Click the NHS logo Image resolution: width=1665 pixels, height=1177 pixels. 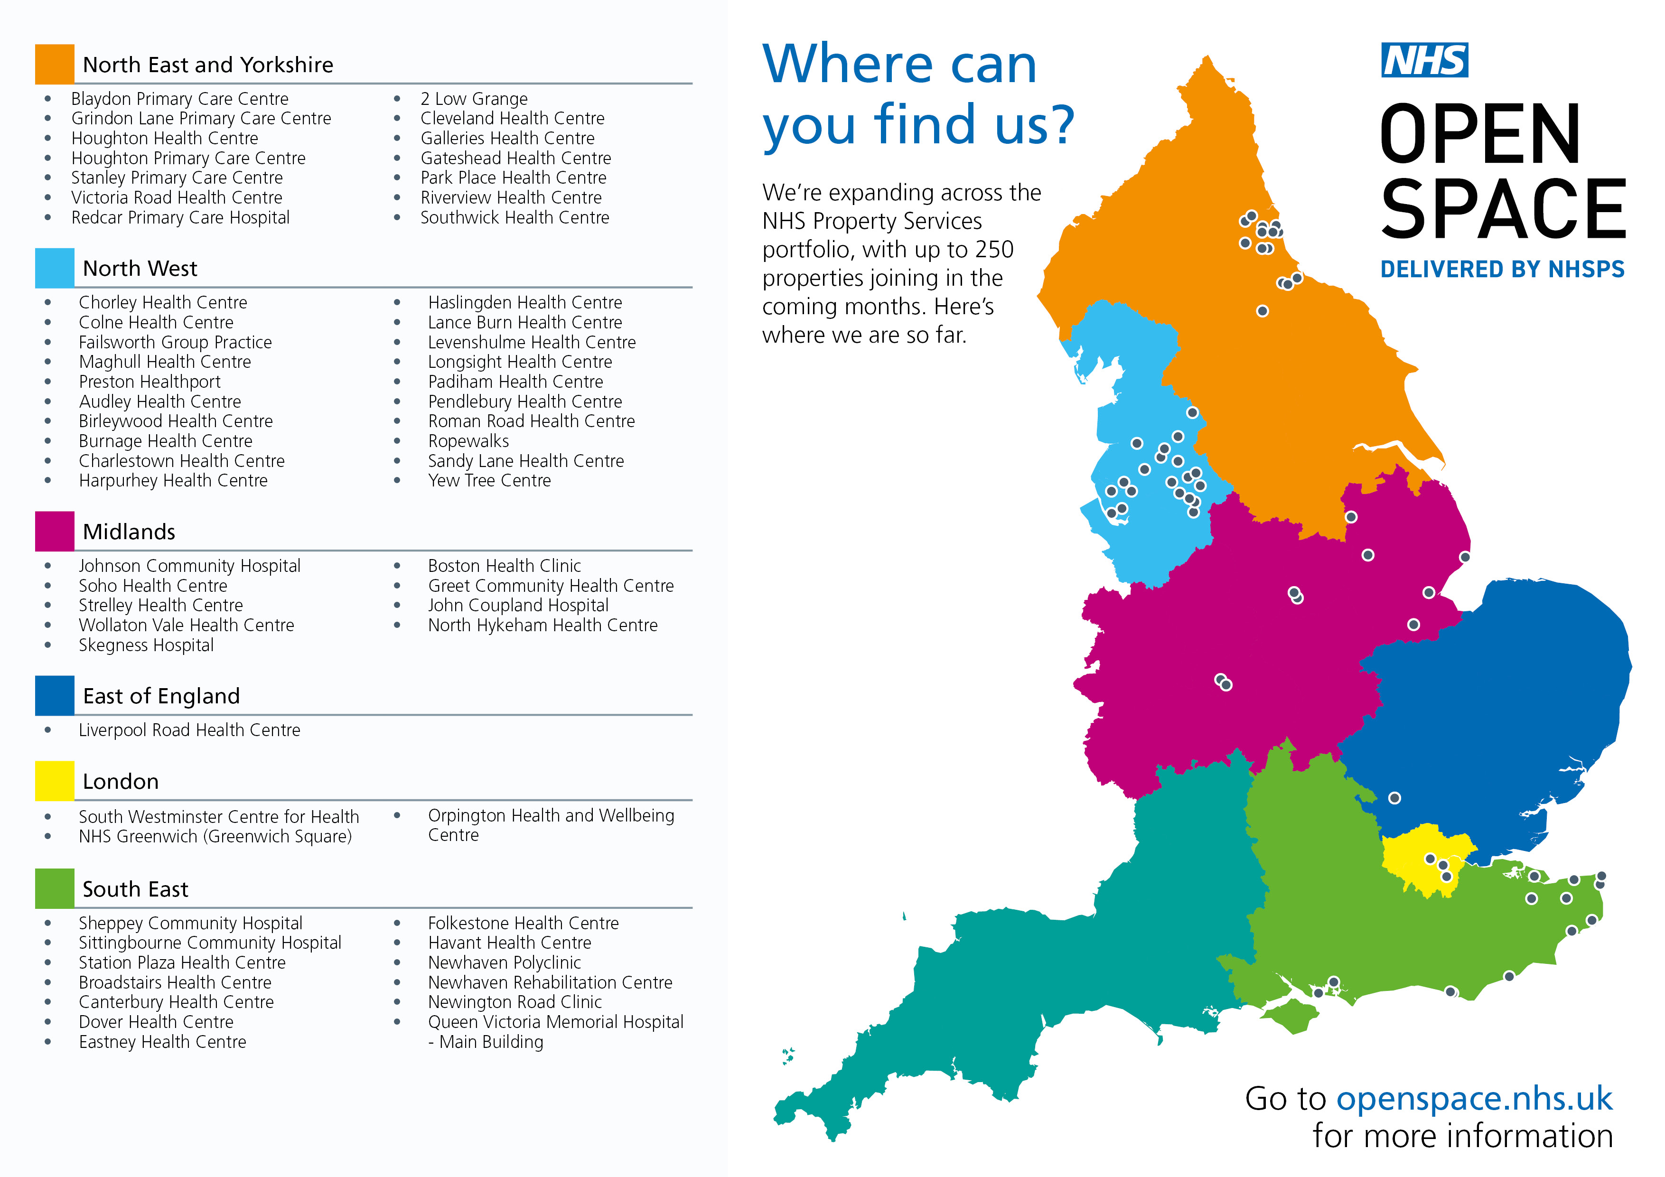coord(1424,60)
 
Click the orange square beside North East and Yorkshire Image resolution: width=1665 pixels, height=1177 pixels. coord(55,64)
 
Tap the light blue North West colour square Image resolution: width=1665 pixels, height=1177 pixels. coord(55,268)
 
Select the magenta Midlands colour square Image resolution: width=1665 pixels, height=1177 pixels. coord(55,531)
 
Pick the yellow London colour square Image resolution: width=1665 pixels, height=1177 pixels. coord(55,780)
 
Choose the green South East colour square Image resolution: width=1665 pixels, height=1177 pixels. coord(55,888)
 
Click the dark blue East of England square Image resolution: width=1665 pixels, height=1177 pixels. coord(55,695)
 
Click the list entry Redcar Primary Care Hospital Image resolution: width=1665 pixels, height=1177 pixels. coord(180,217)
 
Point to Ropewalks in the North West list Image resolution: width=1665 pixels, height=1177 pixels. coord(468,441)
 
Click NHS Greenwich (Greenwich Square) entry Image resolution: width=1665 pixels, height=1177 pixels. coord(215,837)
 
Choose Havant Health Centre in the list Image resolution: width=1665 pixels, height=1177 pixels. coord(509,943)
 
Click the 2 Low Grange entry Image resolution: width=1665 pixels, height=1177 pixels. coord(474,99)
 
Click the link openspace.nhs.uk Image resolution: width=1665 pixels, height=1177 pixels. coord(1474,1099)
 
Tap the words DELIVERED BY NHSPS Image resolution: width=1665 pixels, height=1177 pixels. coord(1502,269)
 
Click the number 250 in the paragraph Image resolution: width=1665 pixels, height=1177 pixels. coord(994,250)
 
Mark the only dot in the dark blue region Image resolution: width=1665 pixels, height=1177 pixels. coord(1394,798)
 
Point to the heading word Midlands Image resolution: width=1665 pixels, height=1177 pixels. coord(129,532)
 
